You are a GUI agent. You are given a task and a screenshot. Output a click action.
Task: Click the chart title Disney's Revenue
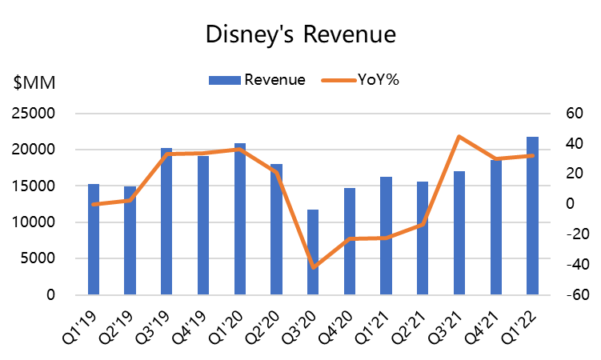click(300, 34)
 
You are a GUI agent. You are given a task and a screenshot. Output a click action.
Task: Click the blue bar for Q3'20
click(314, 252)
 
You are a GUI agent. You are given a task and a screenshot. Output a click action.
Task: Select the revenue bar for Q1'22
click(533, 216)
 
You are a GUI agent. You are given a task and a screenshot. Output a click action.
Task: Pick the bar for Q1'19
click(94, 239)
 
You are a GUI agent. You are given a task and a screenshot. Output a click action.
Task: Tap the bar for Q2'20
click(277, 229)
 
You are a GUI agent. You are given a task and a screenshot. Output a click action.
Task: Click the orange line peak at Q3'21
click(459, 137)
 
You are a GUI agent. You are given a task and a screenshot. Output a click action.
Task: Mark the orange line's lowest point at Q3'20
click(314, 268)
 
